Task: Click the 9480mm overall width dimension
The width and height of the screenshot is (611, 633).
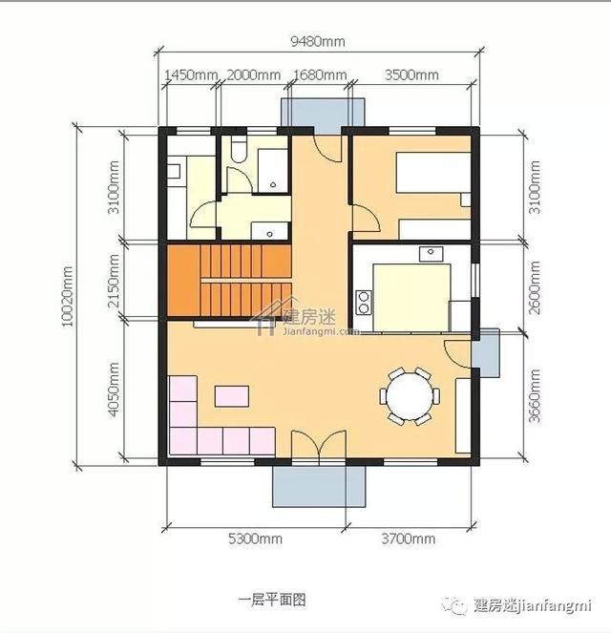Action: [318, 41]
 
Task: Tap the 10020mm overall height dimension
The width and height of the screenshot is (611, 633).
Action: [68, 297]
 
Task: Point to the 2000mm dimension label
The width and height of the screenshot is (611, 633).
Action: [253, 75]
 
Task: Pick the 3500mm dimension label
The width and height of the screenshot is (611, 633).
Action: [411, 75]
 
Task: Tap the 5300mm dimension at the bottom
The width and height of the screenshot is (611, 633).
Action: [256, 539]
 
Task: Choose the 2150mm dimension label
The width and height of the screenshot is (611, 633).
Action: [114, 281]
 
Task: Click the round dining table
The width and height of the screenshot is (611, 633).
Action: [409, 394]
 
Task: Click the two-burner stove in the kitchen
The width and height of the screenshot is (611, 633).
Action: [364, 303]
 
